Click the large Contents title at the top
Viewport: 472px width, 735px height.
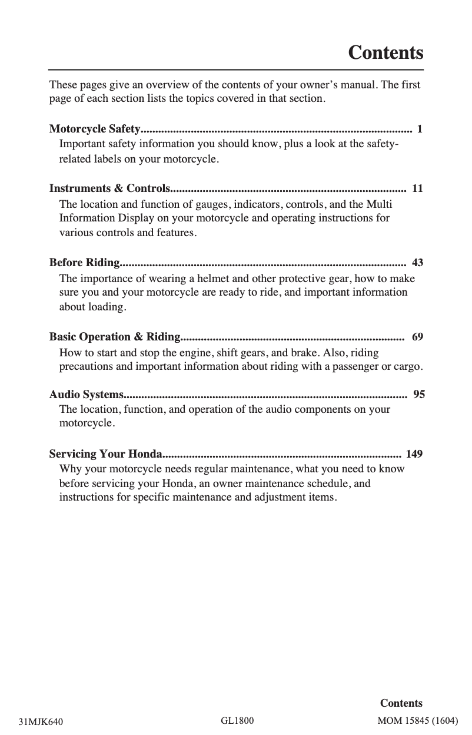pyautogui.click(x=385, y=53)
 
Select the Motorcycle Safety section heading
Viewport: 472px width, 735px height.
pyautogui.click(x=95, y=129)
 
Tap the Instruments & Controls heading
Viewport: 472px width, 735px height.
pyautogui.click(x=109, y=189)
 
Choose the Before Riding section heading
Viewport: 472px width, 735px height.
pyautogui.click(x=85, y=262)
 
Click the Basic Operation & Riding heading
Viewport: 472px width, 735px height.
pyautogui.click(x=115, y=337)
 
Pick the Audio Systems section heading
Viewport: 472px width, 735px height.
pyautogui.click(x=87, y=394)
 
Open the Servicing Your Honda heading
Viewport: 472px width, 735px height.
pyautogui.click(x=105, y=454)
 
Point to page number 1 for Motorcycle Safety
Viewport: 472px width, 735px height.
pyautogui.click(x=419, y=129)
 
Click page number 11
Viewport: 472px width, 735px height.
pyautogui.click(x=417, y=189)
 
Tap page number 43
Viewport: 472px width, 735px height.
pyautogui.click(x=417, y=262)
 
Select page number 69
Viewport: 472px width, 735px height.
pyautogui.click(x=417, y=337)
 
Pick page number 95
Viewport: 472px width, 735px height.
pyautogui.click(x=419, y=394)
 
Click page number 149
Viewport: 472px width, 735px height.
pyautogui.click(x=414, y=454)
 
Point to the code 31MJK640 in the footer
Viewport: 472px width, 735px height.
pyautogui.click(x=41, y=721)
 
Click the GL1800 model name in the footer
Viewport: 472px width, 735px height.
pyautogui.click(x=237, y=720)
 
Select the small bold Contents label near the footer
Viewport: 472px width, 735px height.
pyautogui.click(x=401, y=703)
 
